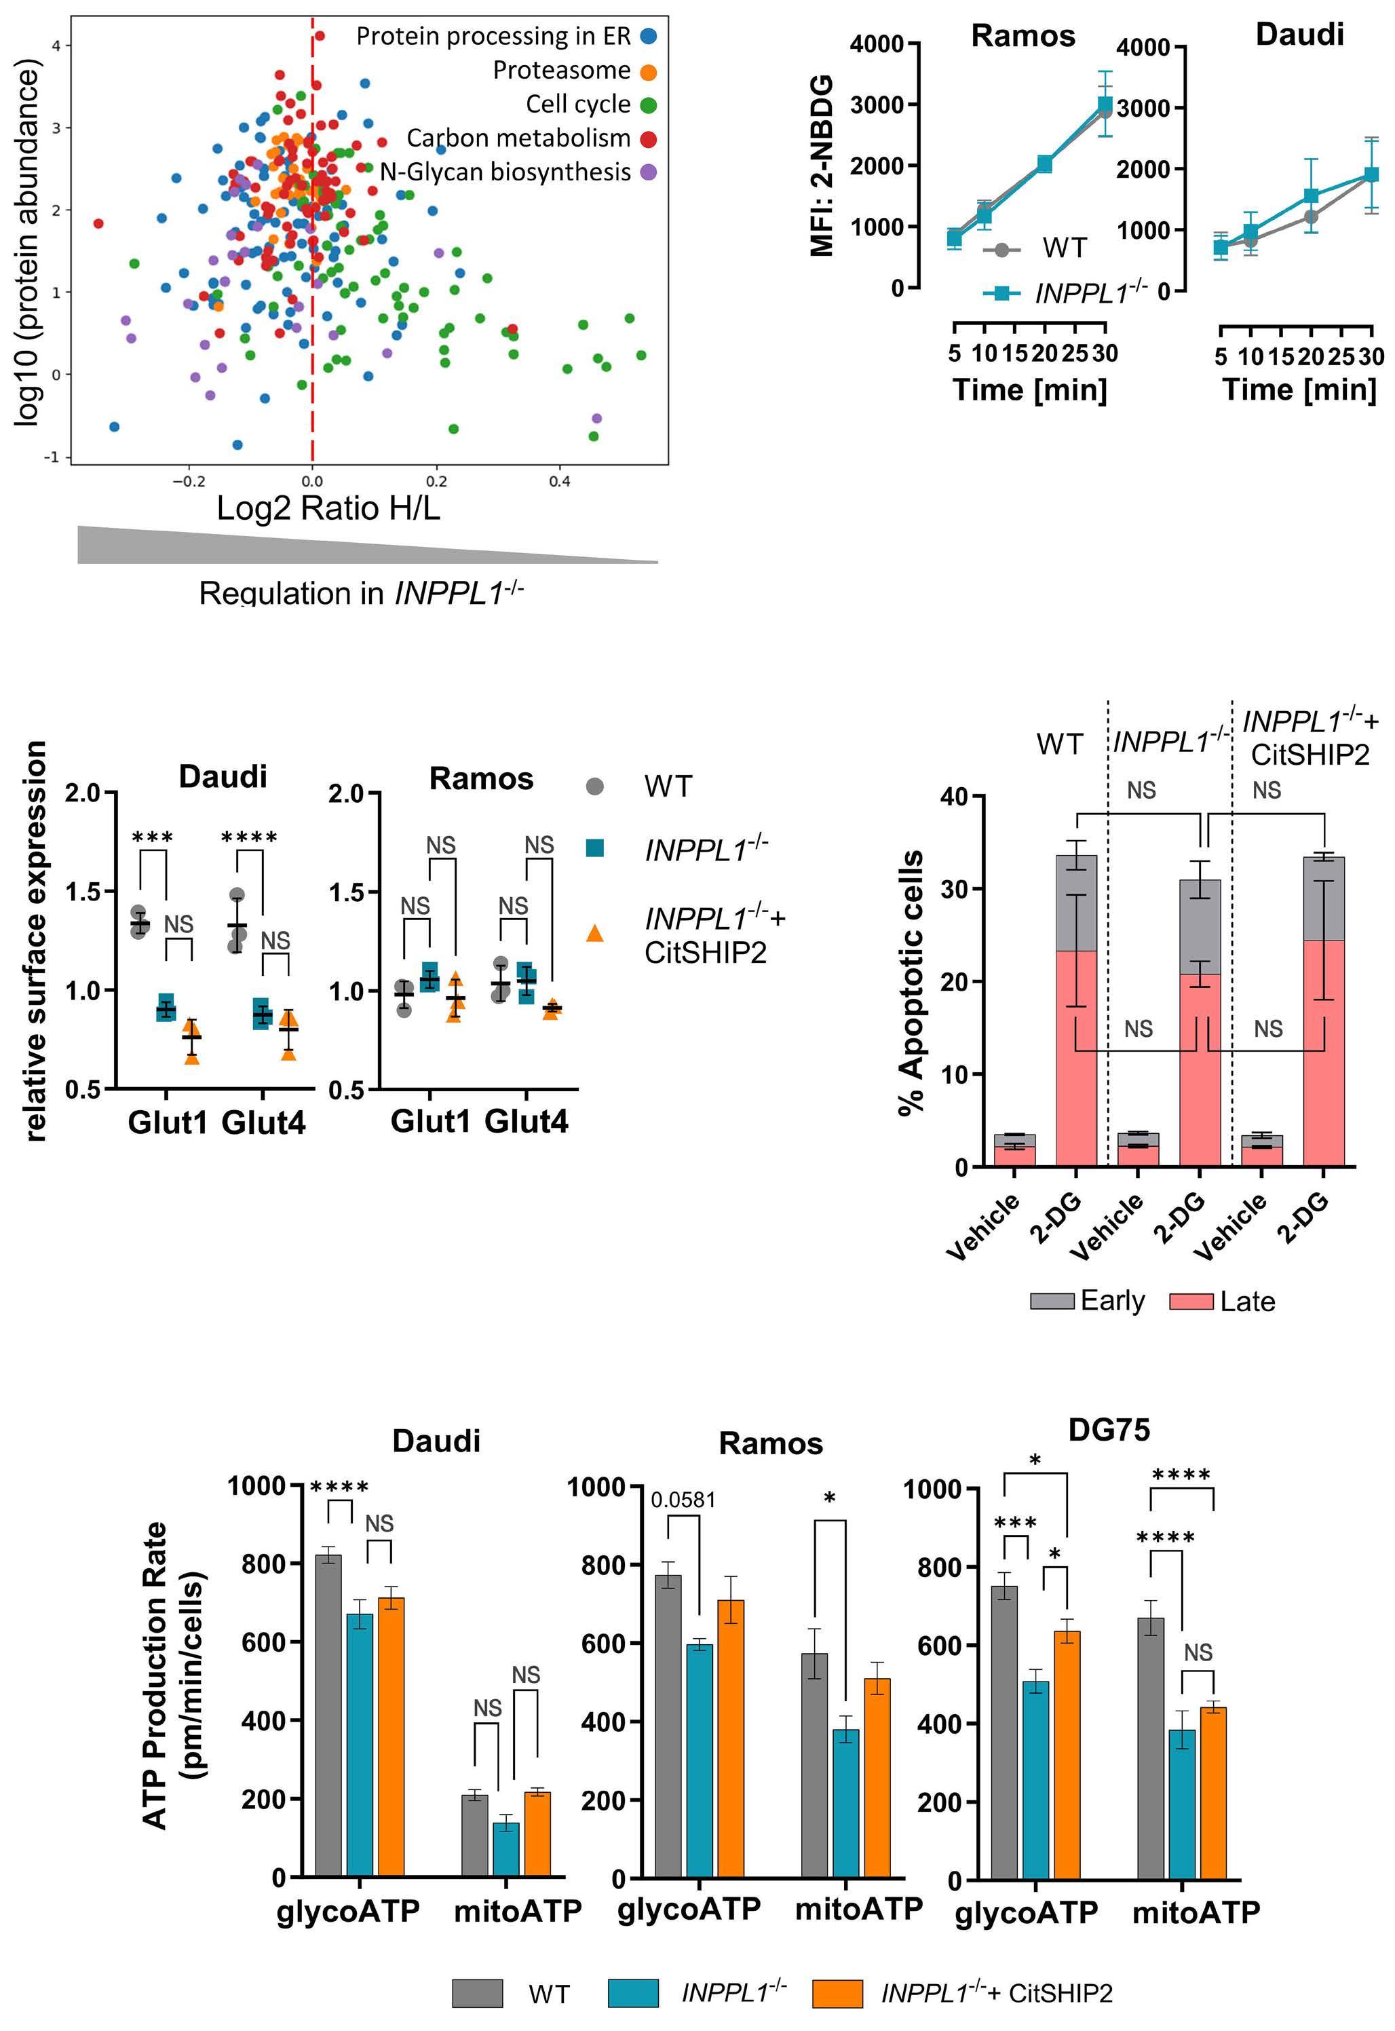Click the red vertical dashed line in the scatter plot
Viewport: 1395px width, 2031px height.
pos(312,262)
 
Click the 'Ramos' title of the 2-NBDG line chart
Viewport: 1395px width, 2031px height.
pos(1023,36)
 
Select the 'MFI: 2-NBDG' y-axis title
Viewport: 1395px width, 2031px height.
pos(822,166)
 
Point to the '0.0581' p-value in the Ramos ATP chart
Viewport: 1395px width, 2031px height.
pos(683,1500)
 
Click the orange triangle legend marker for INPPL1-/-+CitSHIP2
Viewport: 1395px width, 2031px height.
pos(594,933)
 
